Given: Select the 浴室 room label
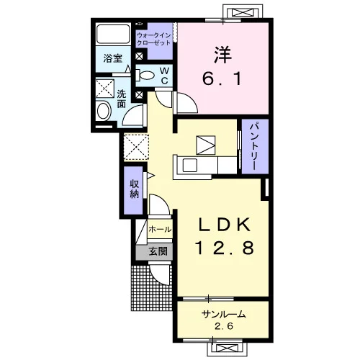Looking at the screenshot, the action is pyautogui.click(x=112, y=58).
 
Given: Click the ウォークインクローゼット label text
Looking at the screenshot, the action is pyautogui.click(x=153, y=40).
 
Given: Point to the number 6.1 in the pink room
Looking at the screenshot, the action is pyautogui.click(x=222, y=78).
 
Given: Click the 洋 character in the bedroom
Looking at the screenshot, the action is pyautogui.click(x=222, y=55).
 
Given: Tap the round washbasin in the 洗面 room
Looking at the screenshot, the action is pyautogui.click(x=103, y=111).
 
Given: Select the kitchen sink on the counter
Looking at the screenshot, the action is pyautogui.click(x=190, y=166).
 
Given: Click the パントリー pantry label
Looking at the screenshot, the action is pyautogui.click(x=255, y=147).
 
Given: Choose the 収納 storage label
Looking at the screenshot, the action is pyautogui.click(x=135, y=189).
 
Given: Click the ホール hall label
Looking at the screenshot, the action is pyautogui.click(x=160, y=230).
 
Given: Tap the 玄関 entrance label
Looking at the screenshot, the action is pyautogui.click(x=158, y=251).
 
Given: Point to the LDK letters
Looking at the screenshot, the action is pyautogui.click(x=225, y=225).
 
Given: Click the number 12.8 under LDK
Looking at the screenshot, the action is pyautogui.click(x=225, y=248).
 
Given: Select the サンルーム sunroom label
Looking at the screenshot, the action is pyautogui.click(x=224, y=314).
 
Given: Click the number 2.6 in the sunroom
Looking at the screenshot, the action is pyautogui.click(x=224, y=326).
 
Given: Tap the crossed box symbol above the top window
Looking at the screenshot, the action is pyautogui.click(x=243, y=12).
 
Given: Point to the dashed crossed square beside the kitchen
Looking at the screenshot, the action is pyautogui.click(x=136, y=147).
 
